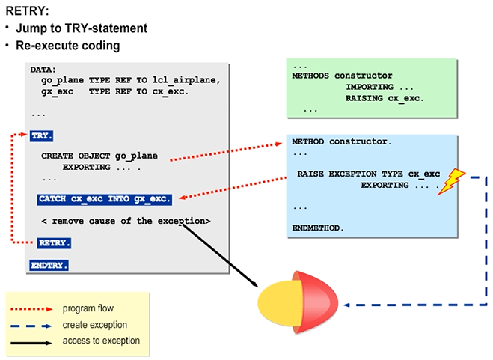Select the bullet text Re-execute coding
68,45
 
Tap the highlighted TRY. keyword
41,136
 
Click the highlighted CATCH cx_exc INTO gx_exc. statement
105,200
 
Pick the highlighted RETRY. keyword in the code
55,243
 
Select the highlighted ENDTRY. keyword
49,265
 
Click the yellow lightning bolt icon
452,182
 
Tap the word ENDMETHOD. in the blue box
318,226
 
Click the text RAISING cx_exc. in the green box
384,97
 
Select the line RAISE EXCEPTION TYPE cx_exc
368,174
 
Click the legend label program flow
88,308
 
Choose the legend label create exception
95,325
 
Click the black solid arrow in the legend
33,342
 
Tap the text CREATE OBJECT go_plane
99,156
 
